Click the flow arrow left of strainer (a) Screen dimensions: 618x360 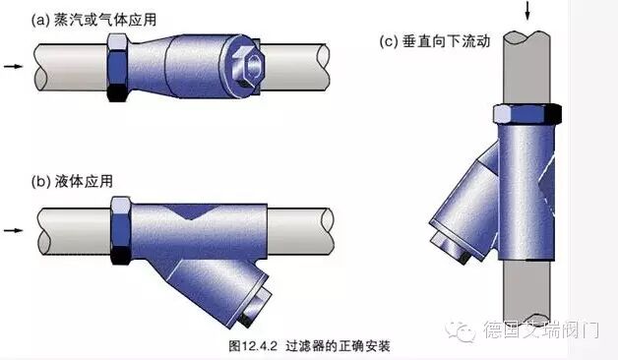pos(14,66)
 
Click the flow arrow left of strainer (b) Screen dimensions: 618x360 pos(14,230)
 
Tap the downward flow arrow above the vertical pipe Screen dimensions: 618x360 pos(527,10)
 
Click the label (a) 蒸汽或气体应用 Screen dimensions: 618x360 pos(93,20)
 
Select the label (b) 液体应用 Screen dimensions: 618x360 pos(72,181)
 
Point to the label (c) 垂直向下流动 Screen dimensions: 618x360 pos(435,41)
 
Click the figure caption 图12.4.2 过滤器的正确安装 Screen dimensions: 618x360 pos(309,346)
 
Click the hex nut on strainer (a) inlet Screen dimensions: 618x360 pos(117,67)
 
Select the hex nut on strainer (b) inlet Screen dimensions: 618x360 pos(121,230)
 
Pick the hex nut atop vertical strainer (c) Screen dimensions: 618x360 pos(527,113)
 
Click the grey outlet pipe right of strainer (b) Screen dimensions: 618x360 pos(300,231)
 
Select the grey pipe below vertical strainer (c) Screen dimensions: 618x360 pos(526,291)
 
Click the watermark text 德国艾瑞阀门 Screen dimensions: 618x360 pos(541,330)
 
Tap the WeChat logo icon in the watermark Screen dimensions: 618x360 pos(461,331)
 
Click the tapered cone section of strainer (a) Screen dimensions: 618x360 pos(148,66)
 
